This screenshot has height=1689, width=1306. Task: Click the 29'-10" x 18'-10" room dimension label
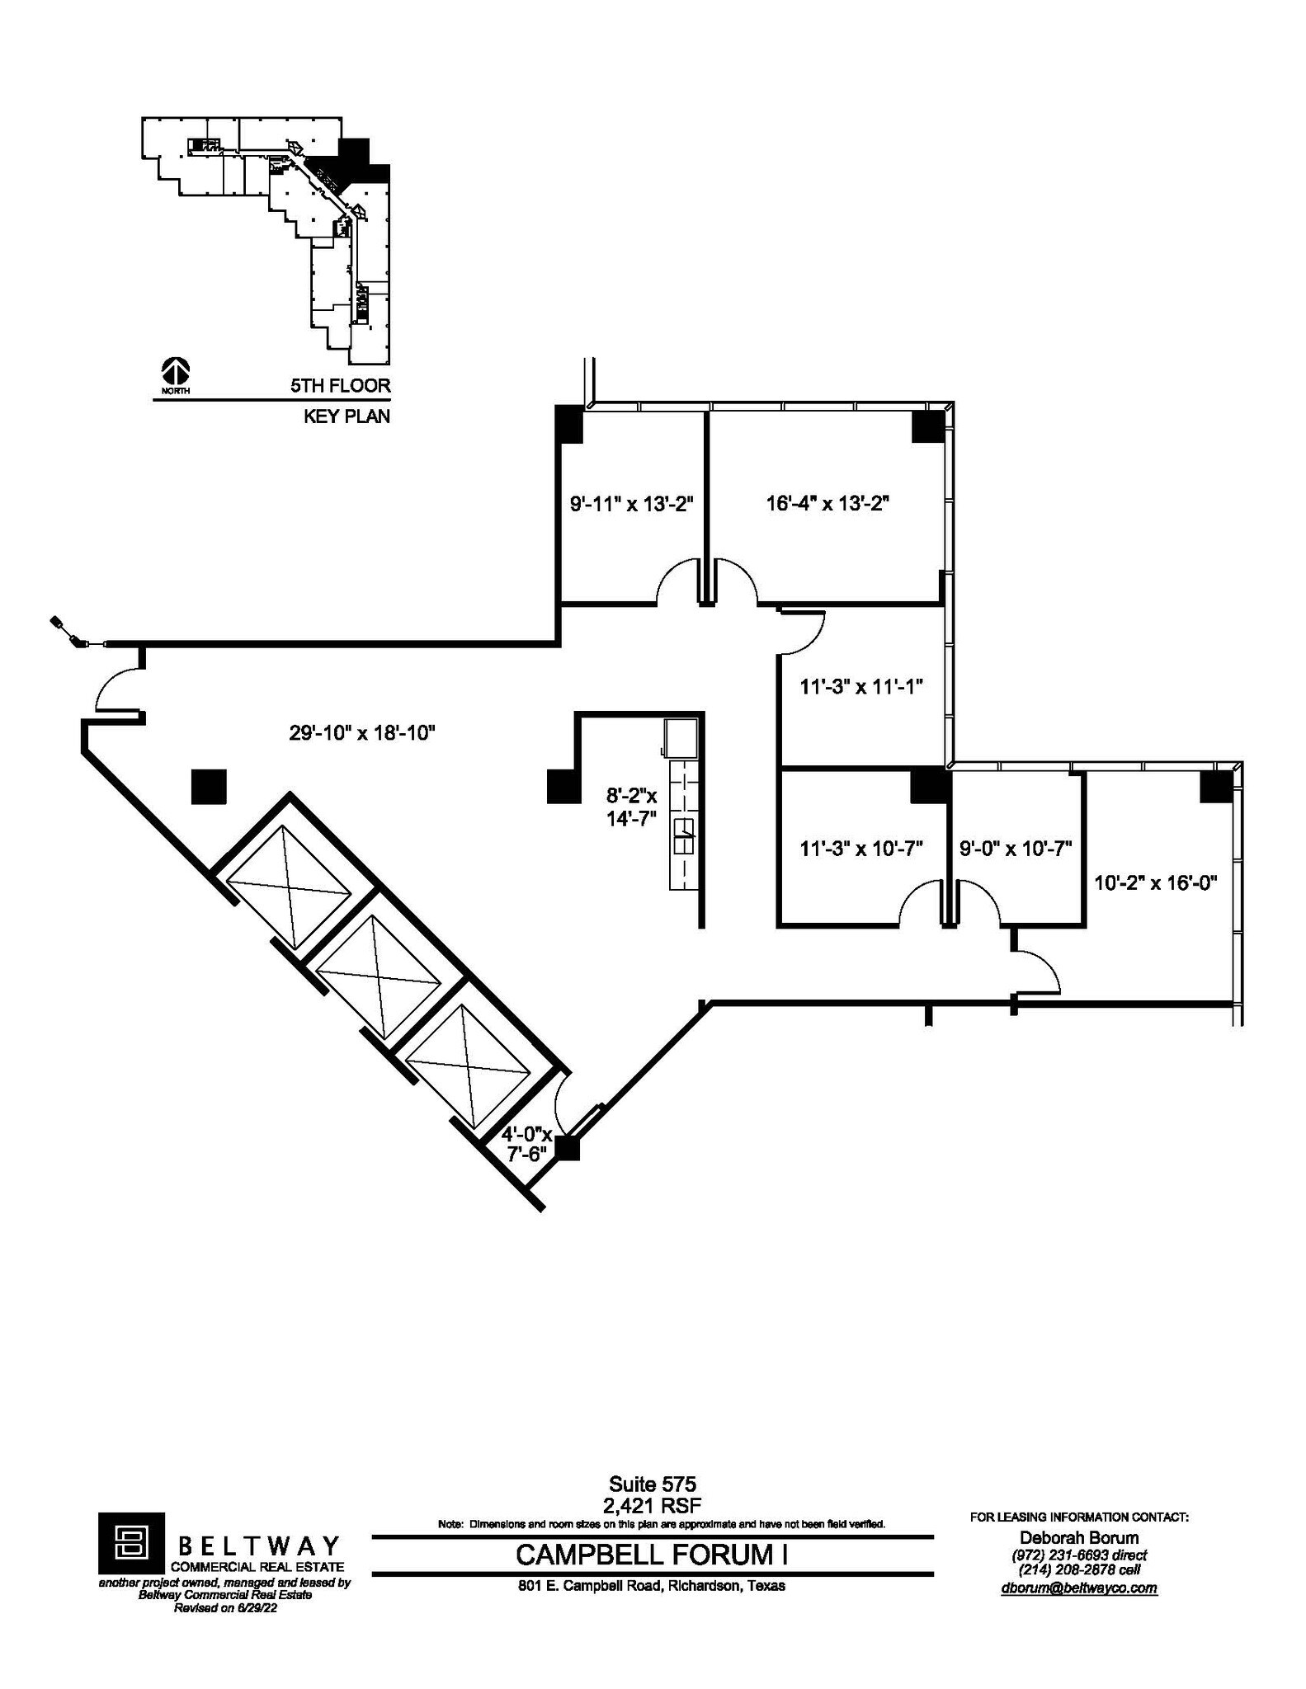click(361, 732)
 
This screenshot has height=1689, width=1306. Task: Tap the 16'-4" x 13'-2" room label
click(827, 503)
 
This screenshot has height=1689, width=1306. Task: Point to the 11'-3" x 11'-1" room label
click(860, 686)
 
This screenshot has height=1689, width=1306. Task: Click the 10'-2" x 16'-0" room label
click(1155, 882)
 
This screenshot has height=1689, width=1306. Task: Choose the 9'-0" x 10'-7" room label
click(1015, 848)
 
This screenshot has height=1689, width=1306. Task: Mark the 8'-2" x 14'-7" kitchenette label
click(632, 809)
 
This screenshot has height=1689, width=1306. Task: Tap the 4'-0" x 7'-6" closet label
click(526, 1144)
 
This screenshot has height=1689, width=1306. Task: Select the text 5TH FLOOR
click(340, 385)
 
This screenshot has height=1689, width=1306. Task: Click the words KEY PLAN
click(347, 416)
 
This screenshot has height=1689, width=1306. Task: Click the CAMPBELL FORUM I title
click(652, 1555)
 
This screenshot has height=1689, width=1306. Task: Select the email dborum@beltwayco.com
click(1079, 1588)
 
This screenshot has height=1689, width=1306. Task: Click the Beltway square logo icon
click(131, 1542)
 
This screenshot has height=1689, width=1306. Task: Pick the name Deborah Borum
click(1079, 1537)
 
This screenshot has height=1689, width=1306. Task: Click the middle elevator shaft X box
click(380, 978)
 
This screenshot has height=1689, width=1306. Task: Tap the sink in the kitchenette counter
click(684, 837)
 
